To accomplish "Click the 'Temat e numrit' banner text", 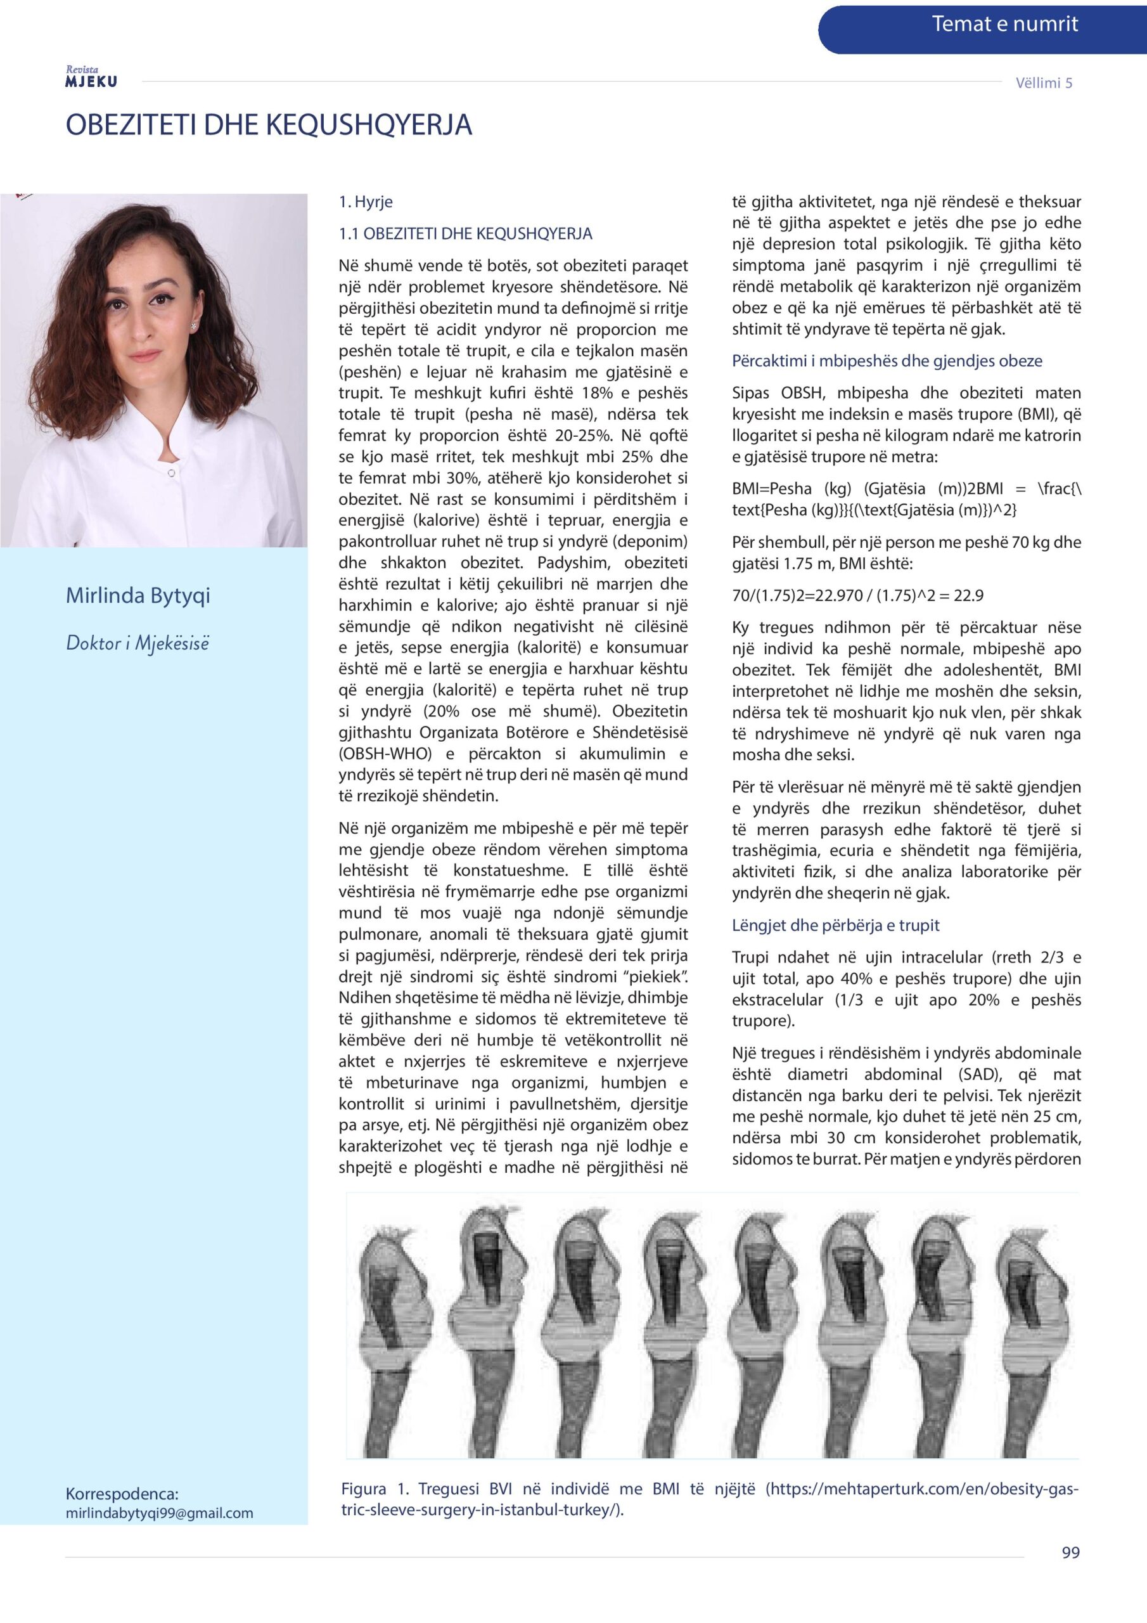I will click(x=1004, y=25).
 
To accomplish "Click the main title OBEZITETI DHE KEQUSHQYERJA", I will click(x=269, y=125).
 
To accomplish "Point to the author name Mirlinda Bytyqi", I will click(x=138, y=595).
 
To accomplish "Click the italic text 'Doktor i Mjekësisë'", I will click(x=137, y=643).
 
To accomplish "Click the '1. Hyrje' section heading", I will click(x=366, y=202).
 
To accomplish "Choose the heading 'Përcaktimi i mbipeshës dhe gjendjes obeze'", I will click(x=887, y=361).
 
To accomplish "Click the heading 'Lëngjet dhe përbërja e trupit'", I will click(x=835, y=926).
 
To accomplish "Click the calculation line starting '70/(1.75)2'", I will click(x=857, y=596).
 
